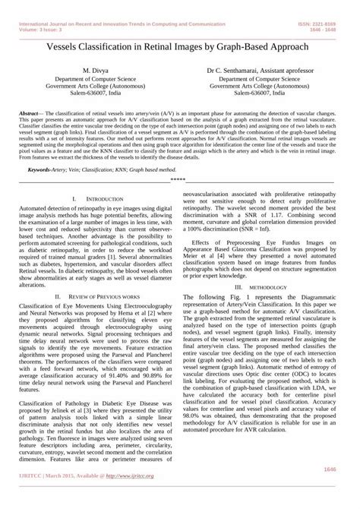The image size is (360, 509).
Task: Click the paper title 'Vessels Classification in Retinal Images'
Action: coord(179,46)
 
